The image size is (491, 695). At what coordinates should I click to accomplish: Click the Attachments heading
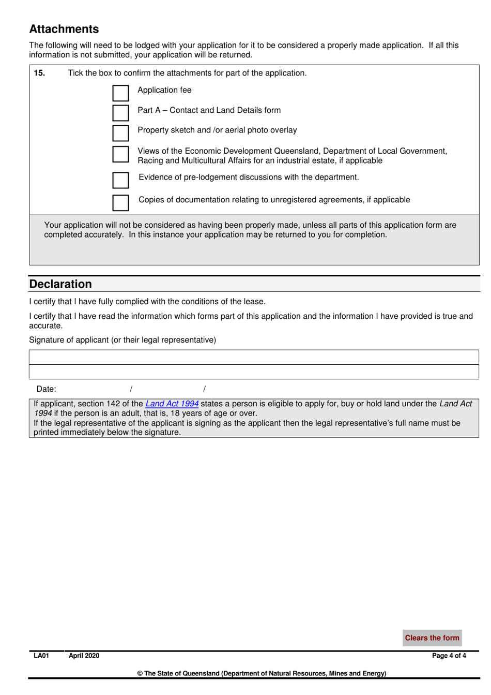pyautogui.click(x=64, y=29)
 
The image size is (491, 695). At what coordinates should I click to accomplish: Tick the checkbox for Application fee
pyautogui.click(x=120, y=93)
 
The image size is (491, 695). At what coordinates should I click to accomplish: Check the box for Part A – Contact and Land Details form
pyautogui.click(x=120, y=112)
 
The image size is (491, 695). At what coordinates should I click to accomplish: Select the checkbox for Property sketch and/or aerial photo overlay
pyautogui.click(x=120, y=132)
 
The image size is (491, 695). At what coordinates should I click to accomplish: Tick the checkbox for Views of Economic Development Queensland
pyautogui.click(x=120, y=154)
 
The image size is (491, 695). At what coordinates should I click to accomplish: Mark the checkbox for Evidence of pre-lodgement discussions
pyautogui.click(x=120, y=180)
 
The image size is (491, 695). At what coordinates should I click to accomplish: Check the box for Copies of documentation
pyautogui.click(x=120, y=202)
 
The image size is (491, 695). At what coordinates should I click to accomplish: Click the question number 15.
pyautogui.click(x=39, y=73)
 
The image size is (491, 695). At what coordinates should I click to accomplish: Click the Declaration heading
pyautogui.click(x=60, y=284)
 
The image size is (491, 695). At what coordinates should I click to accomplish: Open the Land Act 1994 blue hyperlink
pyautogui.click(x=172, y=404)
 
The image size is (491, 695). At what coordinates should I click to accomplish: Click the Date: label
pyautogui.click(x=46, y=389)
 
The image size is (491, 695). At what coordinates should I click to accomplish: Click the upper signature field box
pyautogui.click(x=254, y=357)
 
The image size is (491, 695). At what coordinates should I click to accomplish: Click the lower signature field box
pyautogui.click(x=254, y=372)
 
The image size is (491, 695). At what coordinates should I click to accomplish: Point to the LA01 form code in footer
pyautogui.click(x=41, y=656)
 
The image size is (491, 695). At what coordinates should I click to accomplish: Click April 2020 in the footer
pyautogui.click(x=84, y=656)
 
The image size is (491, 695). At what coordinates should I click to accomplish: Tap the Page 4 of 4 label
pyautogui.click(x=449, y=656)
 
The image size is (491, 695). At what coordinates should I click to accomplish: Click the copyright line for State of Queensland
pyautogui.click(x=262, y=673)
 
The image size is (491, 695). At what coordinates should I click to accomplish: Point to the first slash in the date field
pyautogui.click(x=131, y=389)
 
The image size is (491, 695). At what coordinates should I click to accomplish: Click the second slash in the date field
pyautogui.click(x=204, y=389)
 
